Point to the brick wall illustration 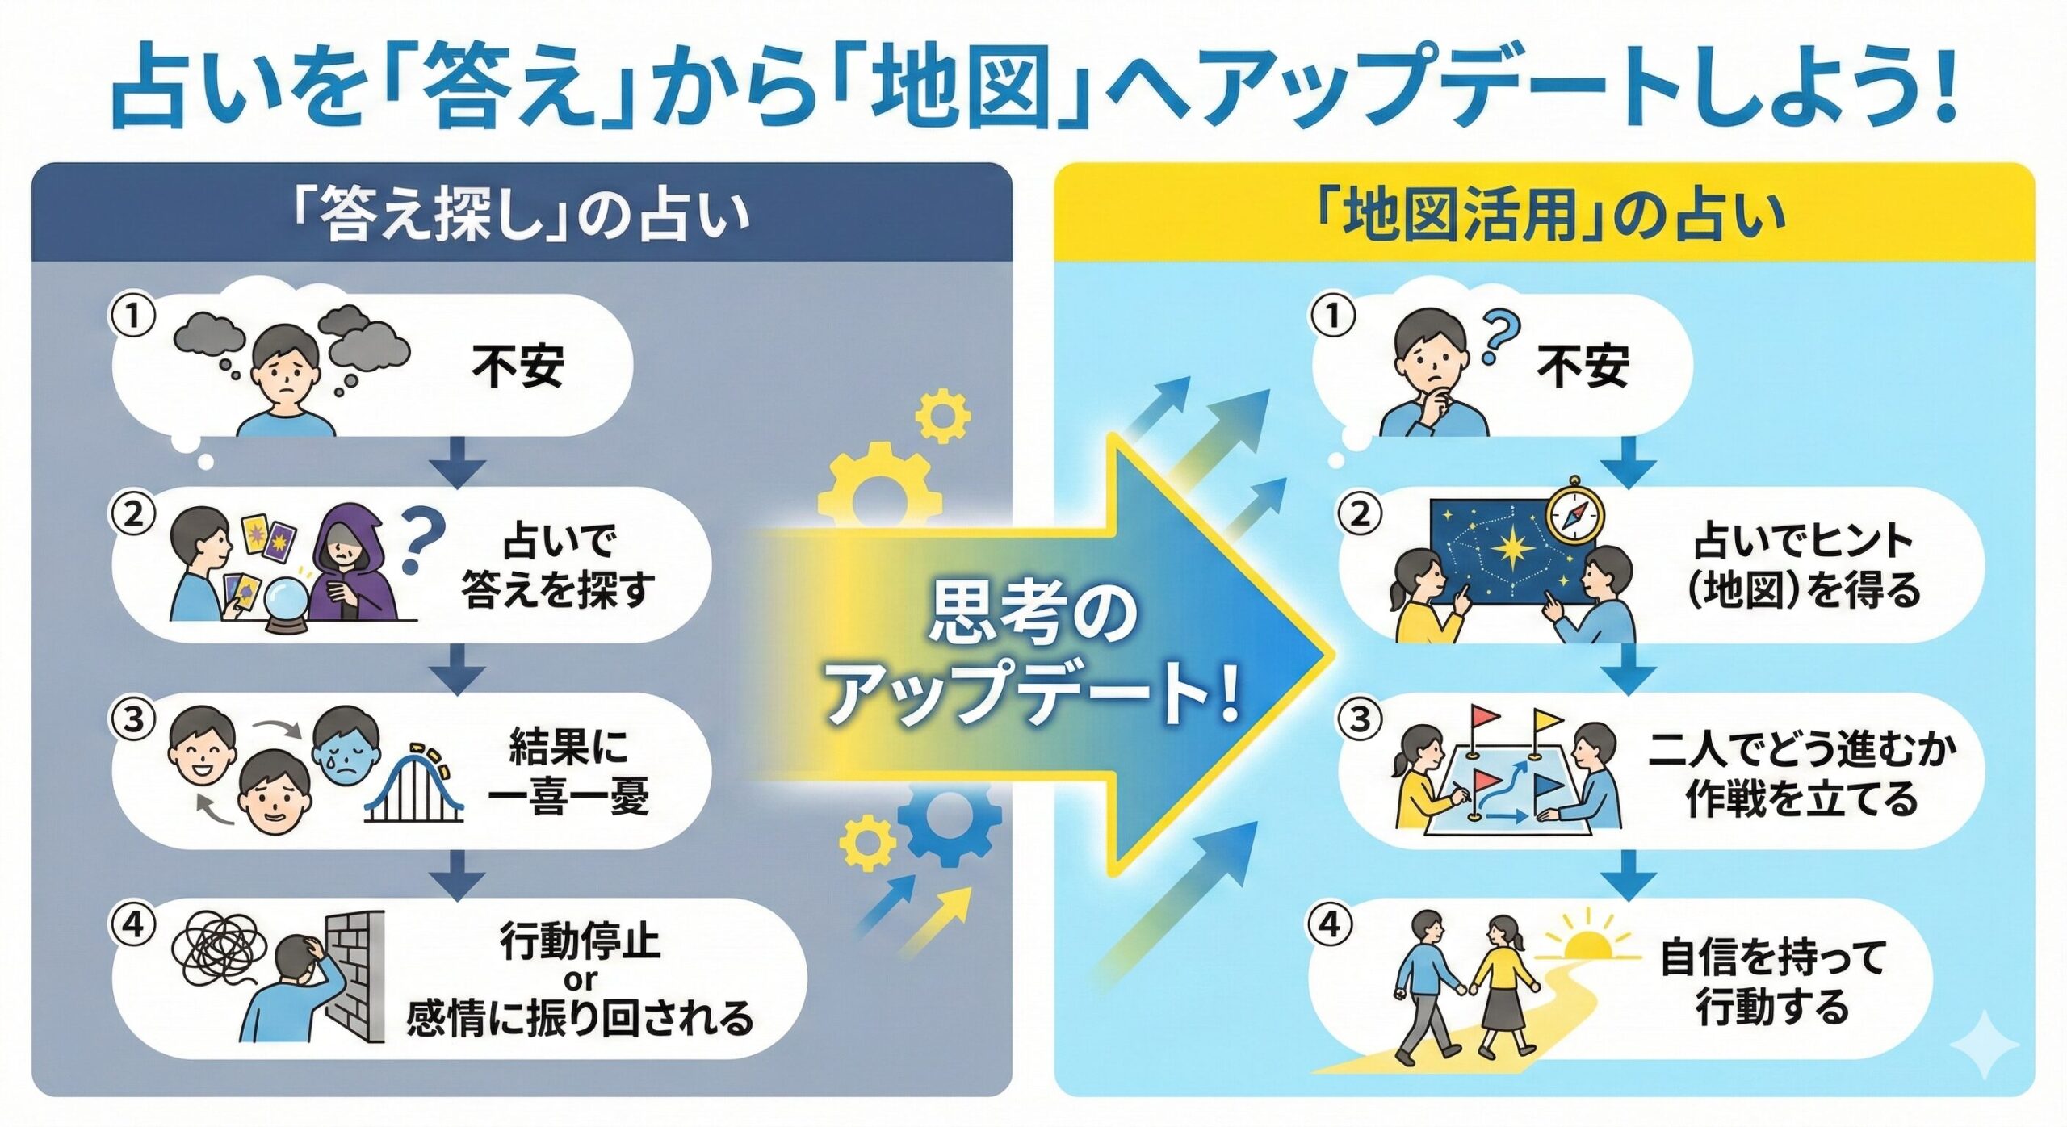[354, 977]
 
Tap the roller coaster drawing [414, 782]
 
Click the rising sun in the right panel [1587, 940]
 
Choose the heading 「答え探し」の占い [521, 216]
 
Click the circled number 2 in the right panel [1361, 514]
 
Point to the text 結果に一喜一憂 [568, 772]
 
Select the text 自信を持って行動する [1773, 982]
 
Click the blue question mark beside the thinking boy [1500, 338]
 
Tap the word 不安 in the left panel [518, 367]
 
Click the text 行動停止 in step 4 [580, 941]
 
